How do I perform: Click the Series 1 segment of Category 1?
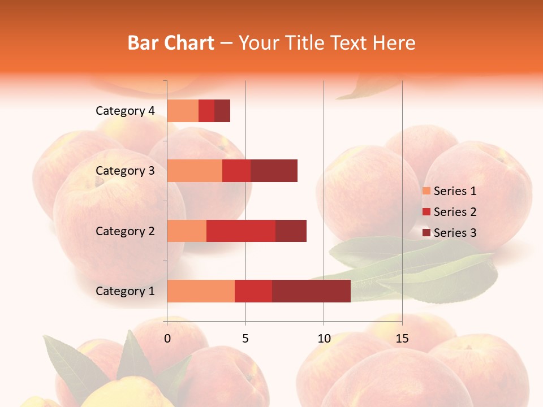pyautogui.click(x=201, y=291)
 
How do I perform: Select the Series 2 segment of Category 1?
pyautogui.click(x=253, y=291)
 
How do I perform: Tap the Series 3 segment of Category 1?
pyautogui.click(x=311, y=291)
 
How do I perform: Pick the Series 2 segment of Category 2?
pyautogui.click(x=241, y=231)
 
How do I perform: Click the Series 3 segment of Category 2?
pyautogui.click(x=291, y=231)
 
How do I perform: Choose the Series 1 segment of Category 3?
pyautogui.click(x=195, y=171)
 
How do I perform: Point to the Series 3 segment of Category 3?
pyautogui.click(x=274, y=171)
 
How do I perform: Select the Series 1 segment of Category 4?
pyautogui.click(x=183, y=111)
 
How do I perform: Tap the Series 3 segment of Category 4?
pyautogui.click(x=222, y=111)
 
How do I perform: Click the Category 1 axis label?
pyautogui.click(x=125, y=291)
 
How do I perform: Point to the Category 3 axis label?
pyautogui.click(x=125, y=171)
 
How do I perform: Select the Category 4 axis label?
pyautogui.click(x=125, y=111)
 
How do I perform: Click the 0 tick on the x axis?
pyautogui.click(x=167, y=339)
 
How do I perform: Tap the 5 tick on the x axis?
pyautogui.click(x=245, y=339)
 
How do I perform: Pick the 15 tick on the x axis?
pyautogui.click(x=402, y=339)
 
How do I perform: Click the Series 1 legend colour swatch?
pyautogui.click(x=426, y=191)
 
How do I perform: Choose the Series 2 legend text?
pyautogui.click(x=455, y=212)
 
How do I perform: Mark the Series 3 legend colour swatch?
pyautogui.click(x=426, y=233)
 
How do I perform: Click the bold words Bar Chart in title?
pyautogui.click(x=171, y=43)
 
